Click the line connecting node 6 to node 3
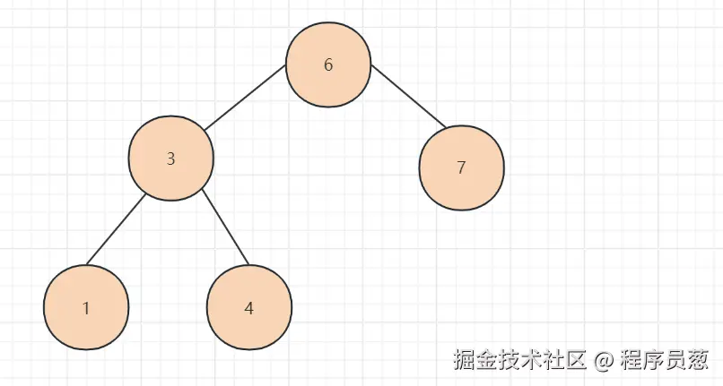tap(244, 99)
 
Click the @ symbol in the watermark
tap(604, 360)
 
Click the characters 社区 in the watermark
tap(560, 360)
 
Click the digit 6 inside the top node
tap(328, 65)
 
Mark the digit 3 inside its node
tap(171, 159)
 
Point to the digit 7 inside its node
tap(461, 167)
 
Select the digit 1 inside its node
tap(86, 308)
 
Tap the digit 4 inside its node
tap(249, 309)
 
